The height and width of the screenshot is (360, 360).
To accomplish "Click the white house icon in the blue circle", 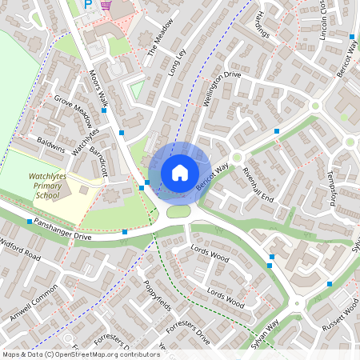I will pyautogui.click(x=179, y=173).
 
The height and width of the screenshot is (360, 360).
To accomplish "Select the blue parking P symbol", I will pyautogui.click(x=89, y=6).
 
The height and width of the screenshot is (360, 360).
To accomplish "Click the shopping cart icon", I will pyautogui.click(x=106, y=5).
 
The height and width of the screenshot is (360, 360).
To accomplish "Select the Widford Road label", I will pyautogui.click(x=21, y=249).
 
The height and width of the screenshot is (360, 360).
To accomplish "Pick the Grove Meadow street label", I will pyautogui.click(x=72, y=112).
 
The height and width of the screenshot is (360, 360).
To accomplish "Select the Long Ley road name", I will pyautogui.click(x=176, y=62).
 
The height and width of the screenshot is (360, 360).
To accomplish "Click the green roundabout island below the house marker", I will pyautogui.click(x=178, y=211).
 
